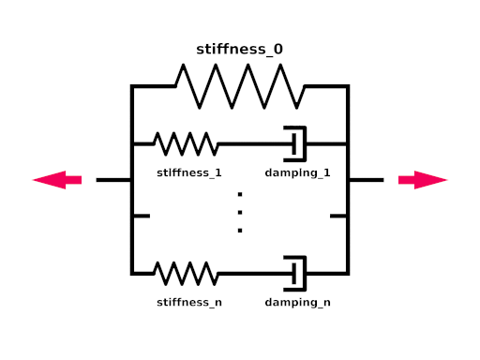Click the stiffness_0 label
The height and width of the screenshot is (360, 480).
coord(239,50)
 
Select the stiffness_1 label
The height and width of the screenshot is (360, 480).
coord(189,172)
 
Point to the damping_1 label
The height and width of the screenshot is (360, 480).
coord(297,173)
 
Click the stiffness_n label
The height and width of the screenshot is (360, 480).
coord(189,302)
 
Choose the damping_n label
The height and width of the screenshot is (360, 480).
coord(297,303)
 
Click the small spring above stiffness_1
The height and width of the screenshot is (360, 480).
coord(186,144)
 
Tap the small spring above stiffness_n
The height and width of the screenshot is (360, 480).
coord(186,274)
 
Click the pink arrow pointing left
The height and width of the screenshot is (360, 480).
coord(57,180)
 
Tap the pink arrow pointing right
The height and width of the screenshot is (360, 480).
coord(423,180)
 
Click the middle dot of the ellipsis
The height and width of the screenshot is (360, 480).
coord(240,213)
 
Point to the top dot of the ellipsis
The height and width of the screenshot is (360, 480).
coord(240,194)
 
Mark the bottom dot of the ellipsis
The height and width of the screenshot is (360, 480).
coord(240,231)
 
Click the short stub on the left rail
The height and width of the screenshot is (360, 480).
coord(142,216)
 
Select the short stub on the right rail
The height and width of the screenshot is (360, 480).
coord(338,216)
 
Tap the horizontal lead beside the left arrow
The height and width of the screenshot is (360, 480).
coord(113,180)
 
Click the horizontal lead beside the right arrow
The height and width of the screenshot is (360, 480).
coord(367,180)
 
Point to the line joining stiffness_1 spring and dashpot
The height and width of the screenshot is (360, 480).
coord(255,144)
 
